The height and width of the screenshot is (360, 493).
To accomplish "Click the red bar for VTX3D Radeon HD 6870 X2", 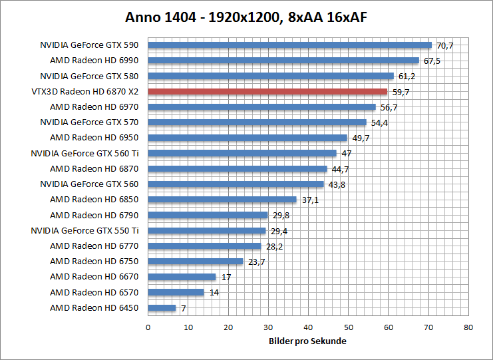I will [267, 92].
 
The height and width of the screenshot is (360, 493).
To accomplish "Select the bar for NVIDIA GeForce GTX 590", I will [289, 45].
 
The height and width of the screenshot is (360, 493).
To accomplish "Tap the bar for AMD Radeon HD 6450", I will [162, 308].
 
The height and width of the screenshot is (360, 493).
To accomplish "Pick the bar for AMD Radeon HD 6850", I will [222, 200].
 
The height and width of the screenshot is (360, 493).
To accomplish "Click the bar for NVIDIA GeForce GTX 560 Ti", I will [242, 153].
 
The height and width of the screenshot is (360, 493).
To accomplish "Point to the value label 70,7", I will [444, 45].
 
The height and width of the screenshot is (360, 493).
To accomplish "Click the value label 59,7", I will [401, 92].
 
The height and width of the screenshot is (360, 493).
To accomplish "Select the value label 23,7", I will [256, 262].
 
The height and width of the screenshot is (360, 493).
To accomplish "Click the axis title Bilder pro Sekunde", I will [308, 341].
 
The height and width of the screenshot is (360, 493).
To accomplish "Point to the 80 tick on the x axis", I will [468, 327].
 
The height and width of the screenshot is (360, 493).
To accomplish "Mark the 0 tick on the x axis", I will [148, 327].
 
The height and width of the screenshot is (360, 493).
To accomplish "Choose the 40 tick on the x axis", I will [308, 327].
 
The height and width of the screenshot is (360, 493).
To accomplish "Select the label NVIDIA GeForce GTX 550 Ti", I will [84, 230].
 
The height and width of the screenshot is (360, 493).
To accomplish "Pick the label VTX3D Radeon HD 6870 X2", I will [84, 92].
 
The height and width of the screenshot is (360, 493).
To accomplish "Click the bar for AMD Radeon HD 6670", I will [182, 277].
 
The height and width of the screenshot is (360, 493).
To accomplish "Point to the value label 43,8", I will [337, 184].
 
